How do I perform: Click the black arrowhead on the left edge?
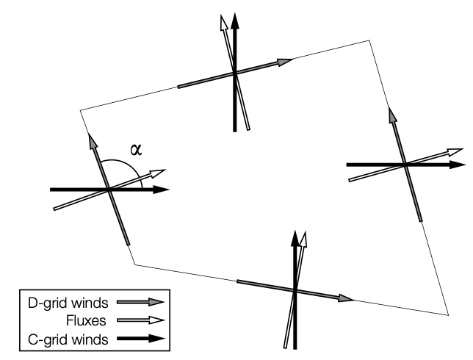162,190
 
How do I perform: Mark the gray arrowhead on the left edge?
93,140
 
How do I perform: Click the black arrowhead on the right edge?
458,165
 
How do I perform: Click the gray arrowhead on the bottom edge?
347,299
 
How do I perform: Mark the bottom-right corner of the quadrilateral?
448,315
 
